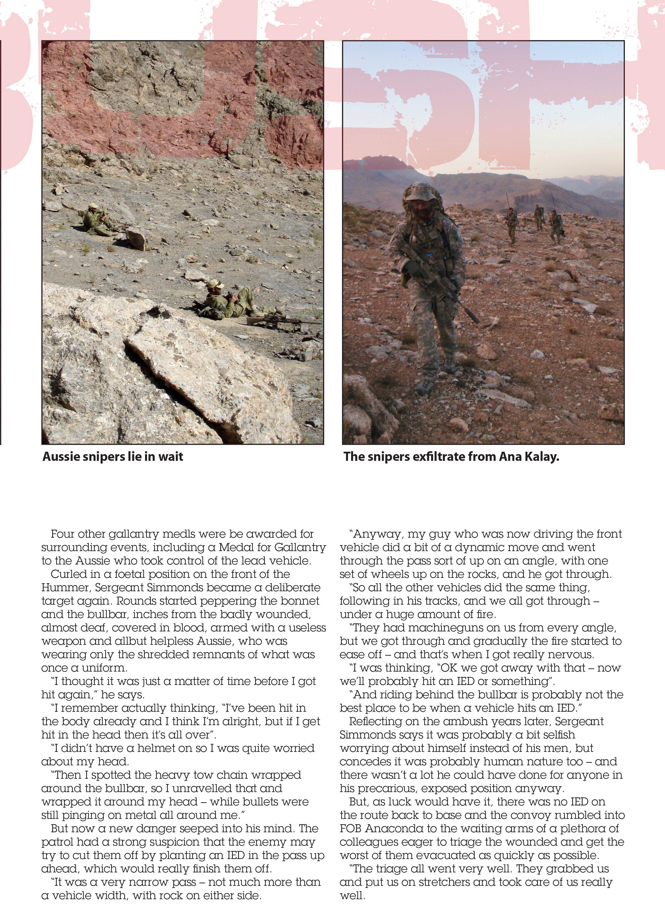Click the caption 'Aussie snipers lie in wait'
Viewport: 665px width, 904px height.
113,457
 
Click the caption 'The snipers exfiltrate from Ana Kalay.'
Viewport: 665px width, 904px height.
451,457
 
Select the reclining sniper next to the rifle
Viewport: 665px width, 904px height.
229,302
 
